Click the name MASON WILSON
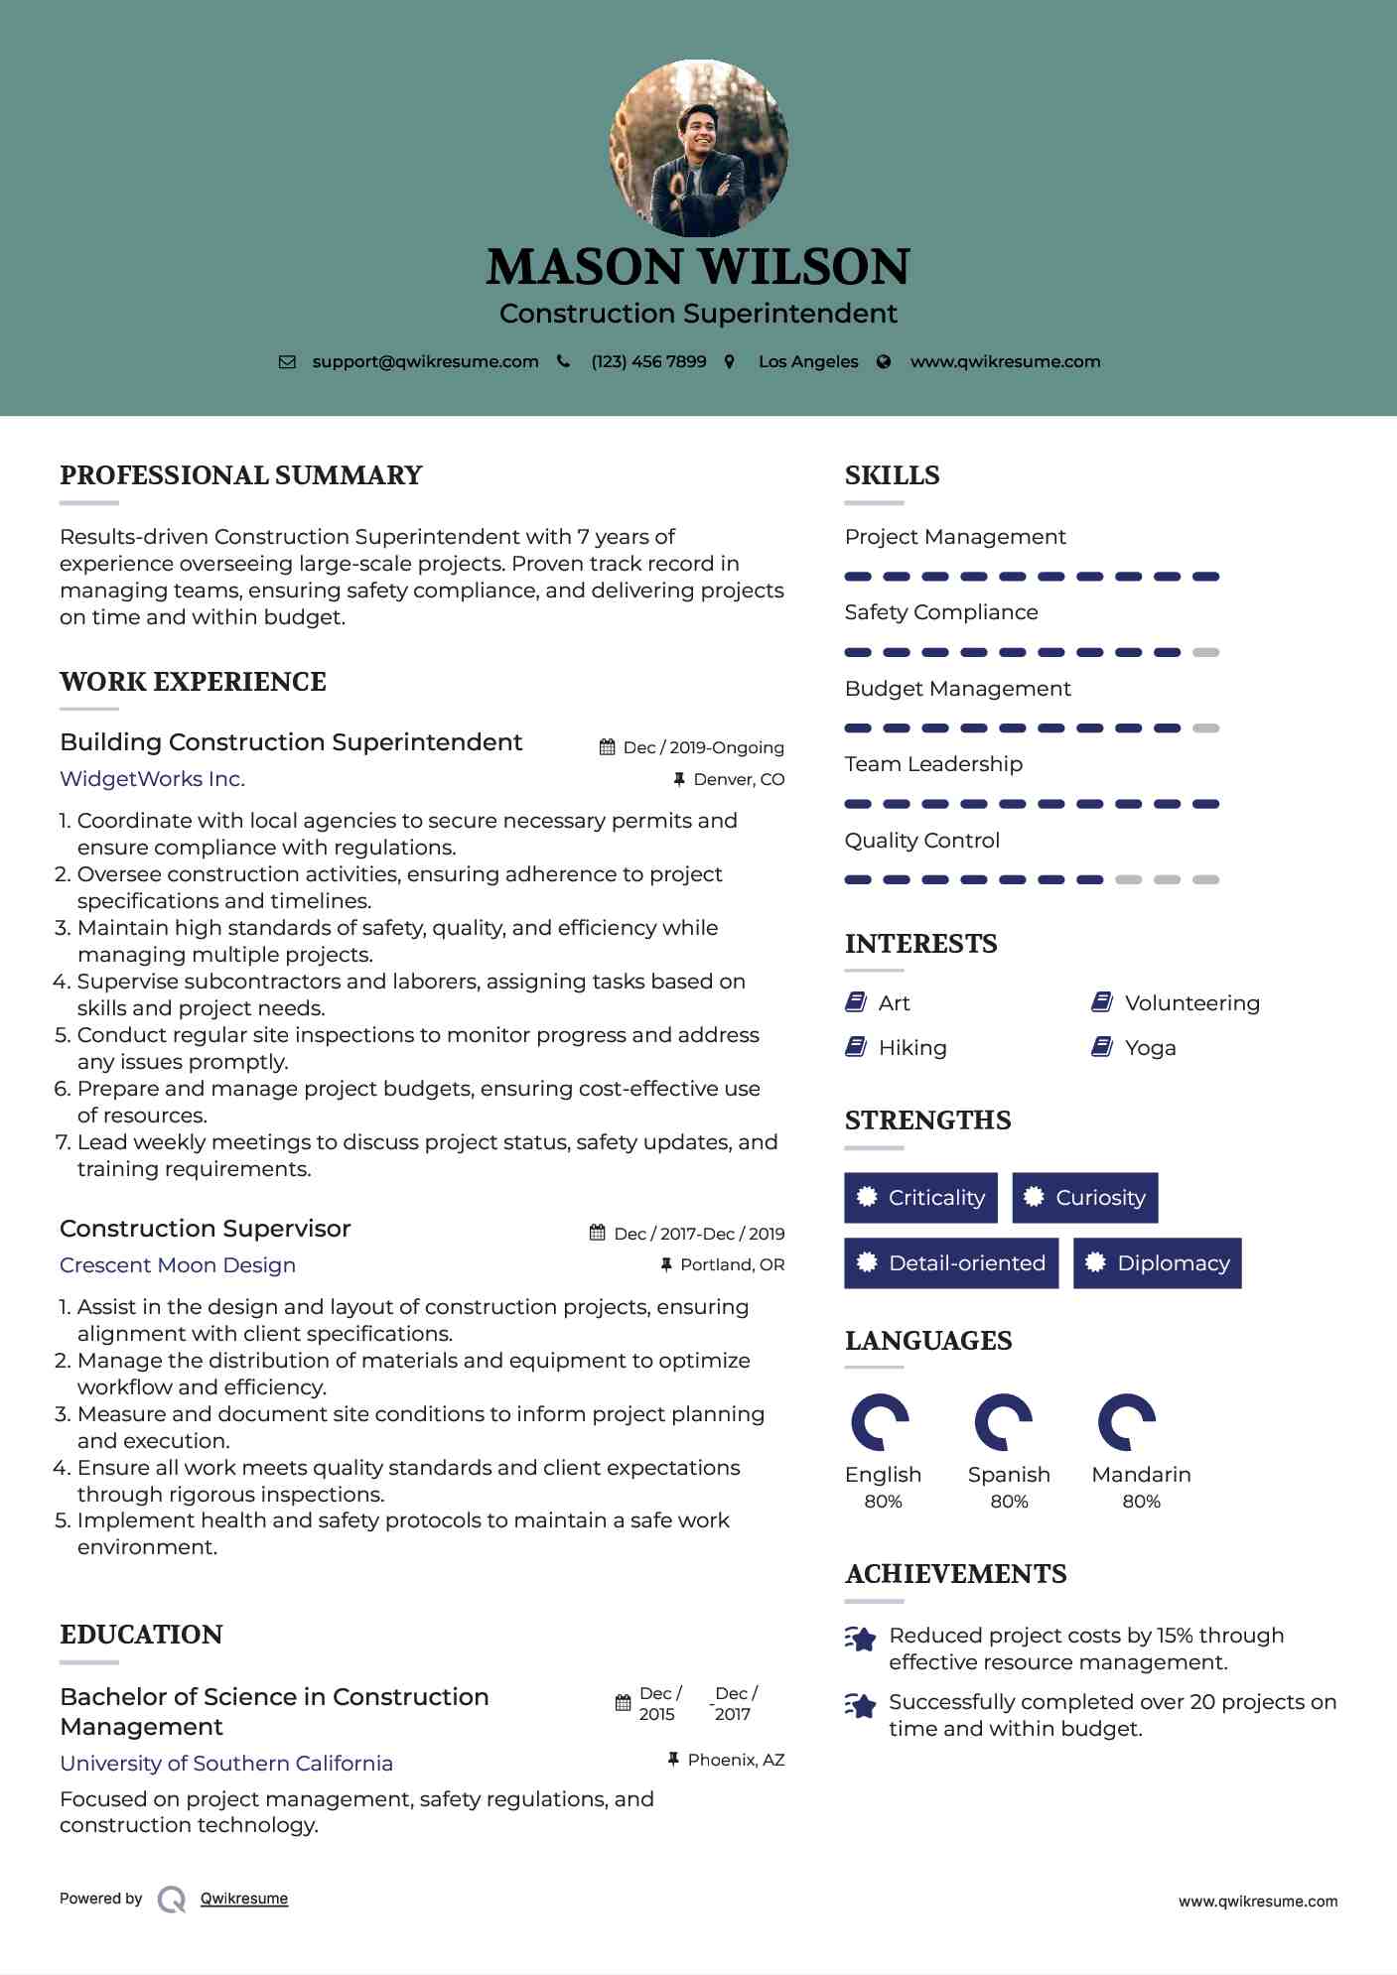(698, 267)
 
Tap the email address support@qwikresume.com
(425, 362)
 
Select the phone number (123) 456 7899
(648, 362)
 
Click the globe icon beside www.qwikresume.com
(884, 362)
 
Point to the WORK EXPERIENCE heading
(193, 682)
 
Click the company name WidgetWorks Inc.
(152, 779)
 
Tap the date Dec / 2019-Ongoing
(703, 748)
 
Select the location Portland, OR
(732, 1265)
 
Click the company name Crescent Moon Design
(178, 1265)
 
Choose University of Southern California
(226, 1764)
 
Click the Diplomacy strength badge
(1157, 1263)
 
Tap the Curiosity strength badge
(1084, 1198)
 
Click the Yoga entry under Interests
(1150, 1048)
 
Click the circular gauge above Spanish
(1004, 1422)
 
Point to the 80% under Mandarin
(1141, 1502)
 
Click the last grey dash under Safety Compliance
(1205, 653)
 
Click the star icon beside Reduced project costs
(861, 1639)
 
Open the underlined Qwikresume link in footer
(244, 1899)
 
